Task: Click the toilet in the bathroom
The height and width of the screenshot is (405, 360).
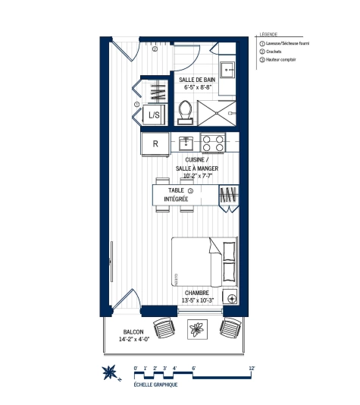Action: point(183,111)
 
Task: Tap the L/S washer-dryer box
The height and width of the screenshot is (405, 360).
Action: point(153,115)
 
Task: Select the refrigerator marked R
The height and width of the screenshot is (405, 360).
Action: point(155,142)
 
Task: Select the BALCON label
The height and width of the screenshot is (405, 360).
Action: point(134,332)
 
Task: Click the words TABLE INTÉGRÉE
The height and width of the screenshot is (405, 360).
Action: point(177,194)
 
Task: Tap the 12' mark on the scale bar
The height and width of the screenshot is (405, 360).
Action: point(252,367)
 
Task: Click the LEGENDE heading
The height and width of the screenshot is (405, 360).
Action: point(269,35)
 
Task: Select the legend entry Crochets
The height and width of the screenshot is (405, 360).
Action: point(275,51)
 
